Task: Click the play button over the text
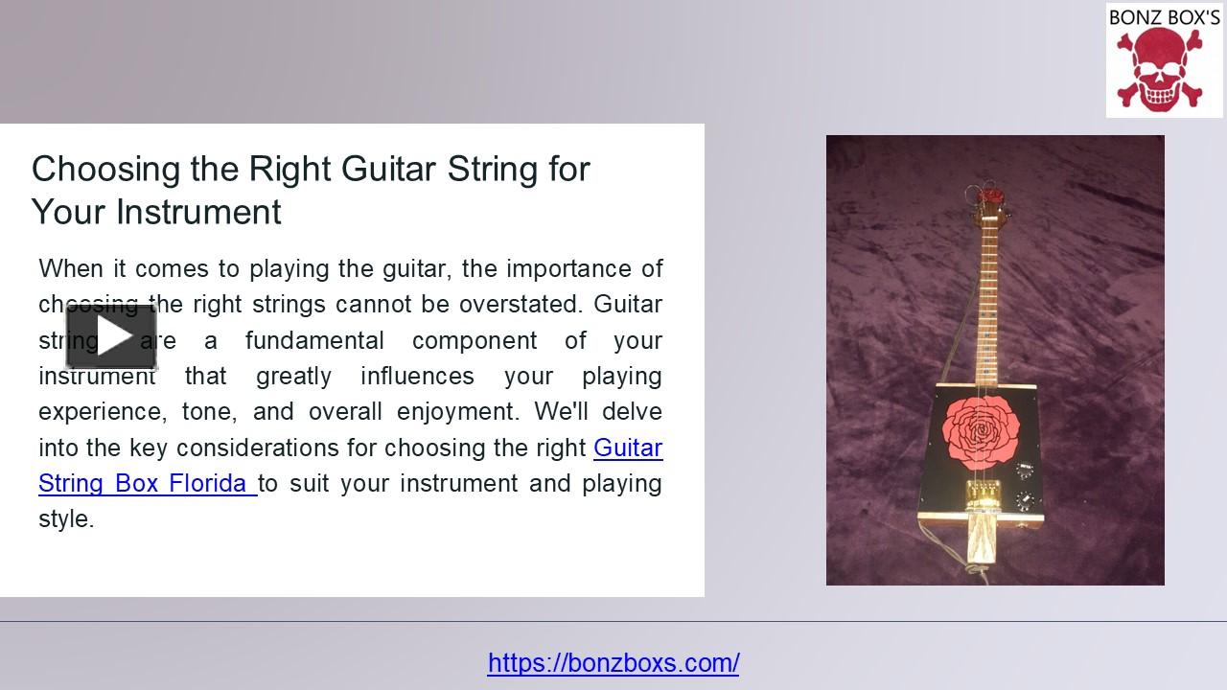[111, 336]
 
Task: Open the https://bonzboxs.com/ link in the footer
[613, 662]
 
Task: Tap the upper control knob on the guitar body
[1024, 469]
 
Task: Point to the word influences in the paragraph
[417, 376]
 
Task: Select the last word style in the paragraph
[65, 519]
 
